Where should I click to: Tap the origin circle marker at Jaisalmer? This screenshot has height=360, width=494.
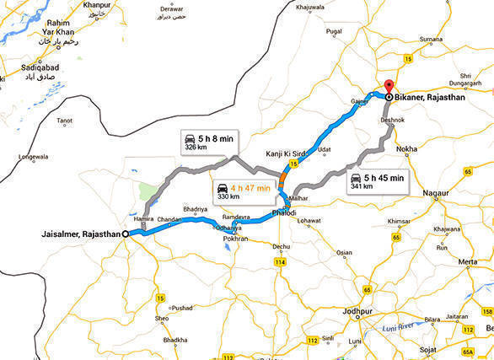[125, 234]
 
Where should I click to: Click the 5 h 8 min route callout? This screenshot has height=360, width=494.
[208, 142]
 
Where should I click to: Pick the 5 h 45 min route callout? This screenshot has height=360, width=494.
[378, 181]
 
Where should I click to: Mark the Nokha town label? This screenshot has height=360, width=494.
[406, 148]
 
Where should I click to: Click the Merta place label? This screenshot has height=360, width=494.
[469, 261]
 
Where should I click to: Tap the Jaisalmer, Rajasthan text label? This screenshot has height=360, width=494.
[78, 234]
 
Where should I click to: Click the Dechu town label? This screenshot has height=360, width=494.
[281, 246]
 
